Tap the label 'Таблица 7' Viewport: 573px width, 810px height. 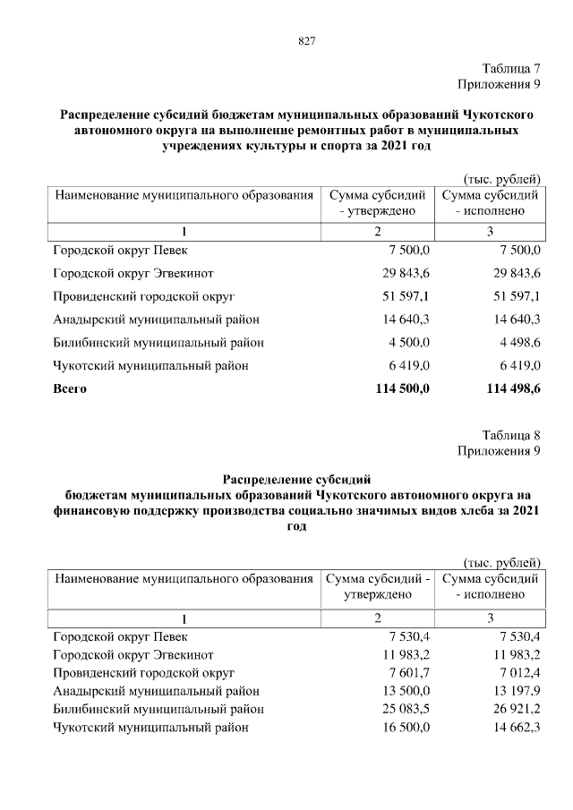(x=511, y=69)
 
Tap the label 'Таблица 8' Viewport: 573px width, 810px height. (x=511, y=436)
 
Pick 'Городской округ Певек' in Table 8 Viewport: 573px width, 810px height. (x=120, y=635)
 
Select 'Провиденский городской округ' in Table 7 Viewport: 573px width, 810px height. (x=143, y=295)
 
